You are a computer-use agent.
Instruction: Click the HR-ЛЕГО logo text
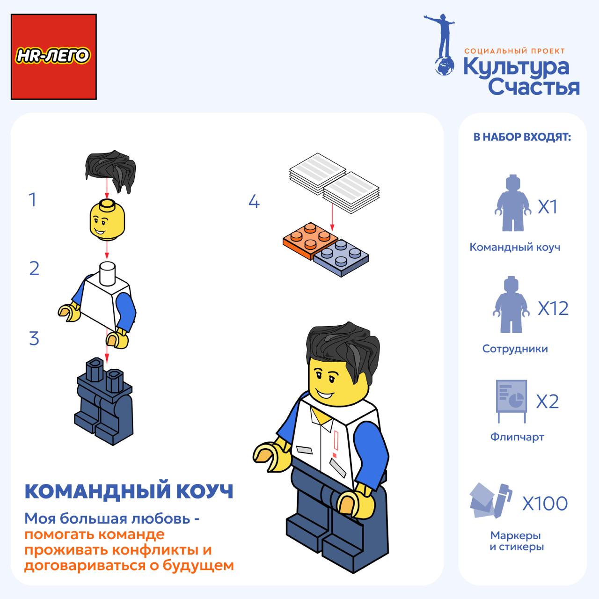pos(53,56)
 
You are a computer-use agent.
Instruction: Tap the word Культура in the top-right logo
pos(516,67)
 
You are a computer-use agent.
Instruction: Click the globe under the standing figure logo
pos(444,66)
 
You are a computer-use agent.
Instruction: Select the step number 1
pos(32,199)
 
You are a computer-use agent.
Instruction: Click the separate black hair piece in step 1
pos(111,170)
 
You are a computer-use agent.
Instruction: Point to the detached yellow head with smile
pos(107,221)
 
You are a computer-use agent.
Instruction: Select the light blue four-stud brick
pos(341,257)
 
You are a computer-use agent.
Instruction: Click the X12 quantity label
pos(553,308)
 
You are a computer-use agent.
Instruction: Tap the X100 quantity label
pos(545,504)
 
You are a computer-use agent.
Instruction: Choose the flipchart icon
pos(511,401)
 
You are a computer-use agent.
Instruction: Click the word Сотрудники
pos(515,349)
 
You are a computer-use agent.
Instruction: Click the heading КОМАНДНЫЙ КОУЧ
pos(129,491)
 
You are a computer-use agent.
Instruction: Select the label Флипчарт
pos(517,437)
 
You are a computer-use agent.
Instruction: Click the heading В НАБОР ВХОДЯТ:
pos(522,137)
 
